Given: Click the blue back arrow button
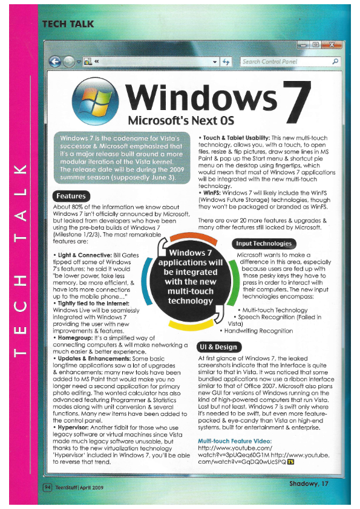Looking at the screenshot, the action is point(56,61).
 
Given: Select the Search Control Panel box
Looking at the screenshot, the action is point(284,62).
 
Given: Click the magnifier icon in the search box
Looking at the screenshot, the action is point(335,62).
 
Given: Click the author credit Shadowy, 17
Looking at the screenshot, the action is point(309,483).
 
